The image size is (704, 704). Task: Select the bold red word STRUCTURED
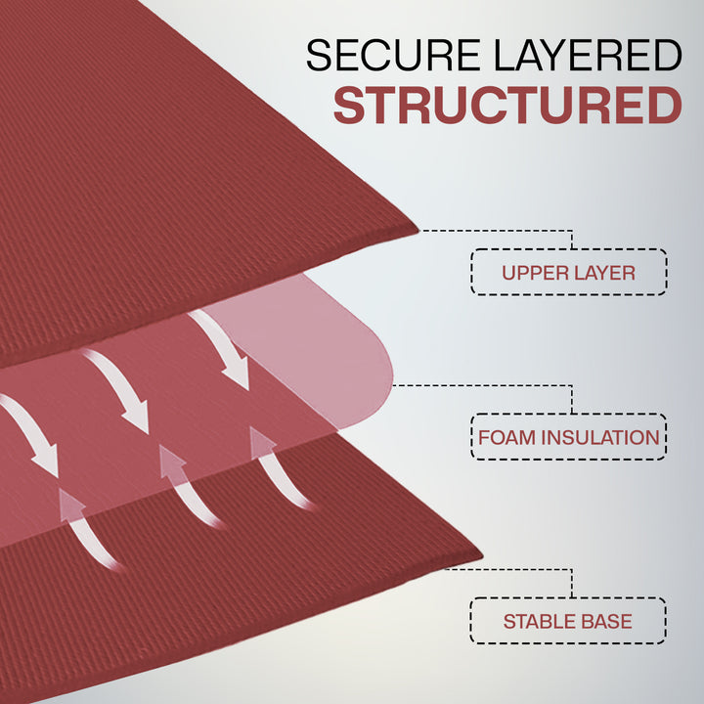507,105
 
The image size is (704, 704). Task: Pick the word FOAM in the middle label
506,437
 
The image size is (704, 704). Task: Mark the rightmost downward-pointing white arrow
221,348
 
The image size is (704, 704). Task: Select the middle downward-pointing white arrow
118,389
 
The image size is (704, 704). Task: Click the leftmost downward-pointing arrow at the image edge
29,434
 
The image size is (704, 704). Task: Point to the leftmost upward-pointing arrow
88,530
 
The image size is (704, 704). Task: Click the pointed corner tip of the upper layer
418,231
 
